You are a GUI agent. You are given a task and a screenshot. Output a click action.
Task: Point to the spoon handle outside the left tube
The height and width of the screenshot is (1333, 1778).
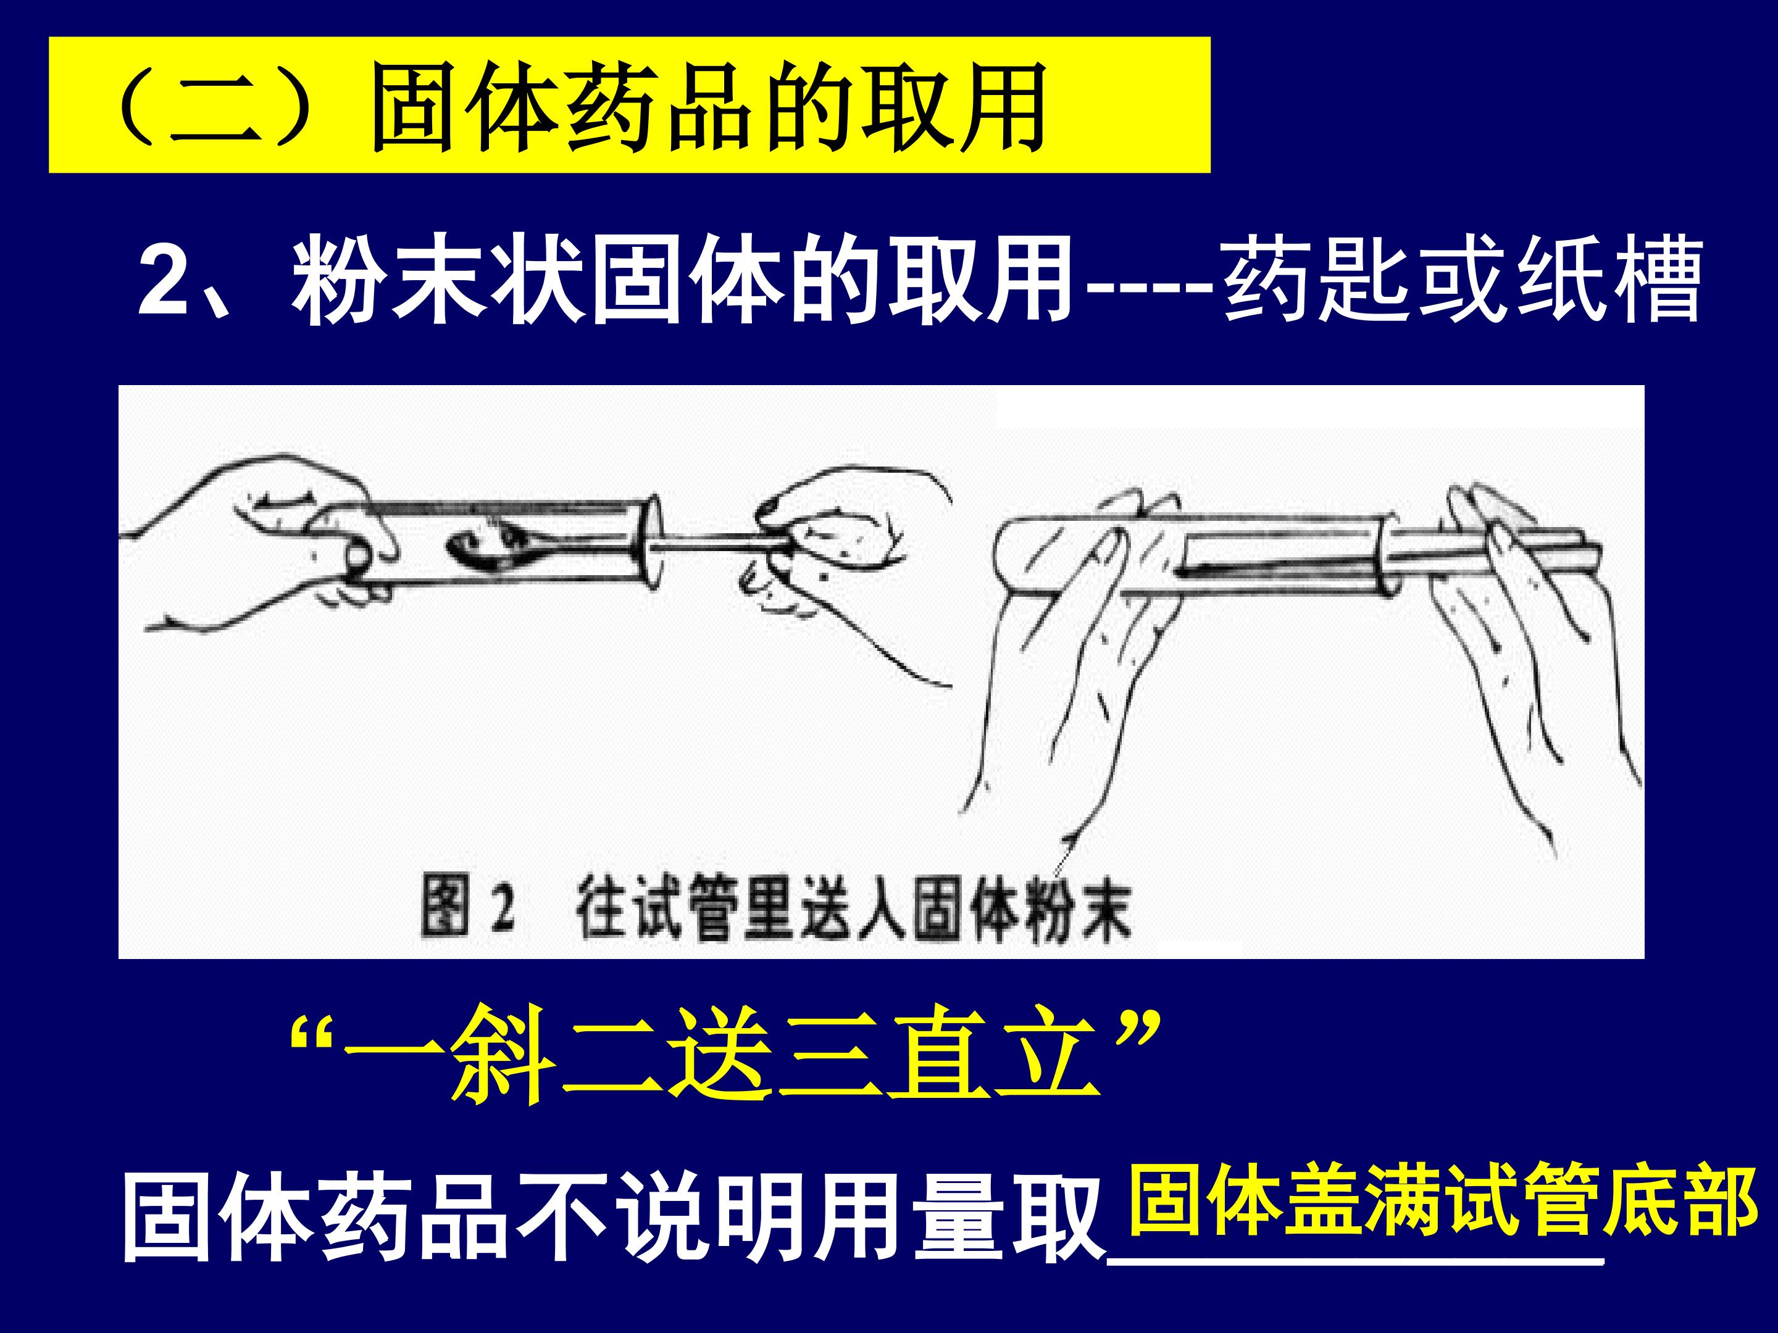coord(716,544)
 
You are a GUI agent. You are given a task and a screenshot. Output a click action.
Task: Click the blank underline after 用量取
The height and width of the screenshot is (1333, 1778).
coord(1356,1262)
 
